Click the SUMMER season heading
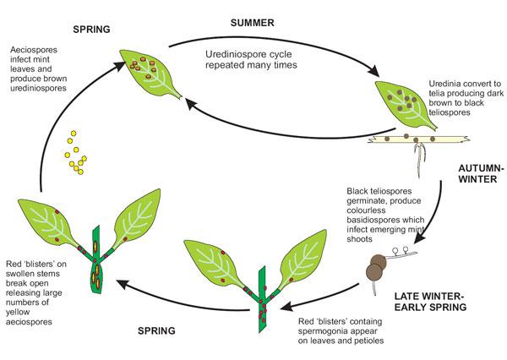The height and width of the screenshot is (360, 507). coord(252,23)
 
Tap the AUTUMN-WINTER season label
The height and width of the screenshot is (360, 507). coord(481,174)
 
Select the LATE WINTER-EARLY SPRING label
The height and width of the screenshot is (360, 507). coord(430,302)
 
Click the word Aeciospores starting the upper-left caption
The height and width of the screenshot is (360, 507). coord(34,50)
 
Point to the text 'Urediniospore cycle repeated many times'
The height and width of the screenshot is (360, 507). coord(251,59)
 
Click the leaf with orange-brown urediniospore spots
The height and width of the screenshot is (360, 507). coord(150,74)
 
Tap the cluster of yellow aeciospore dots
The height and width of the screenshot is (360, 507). coord(76,152)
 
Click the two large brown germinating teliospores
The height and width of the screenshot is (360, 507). coord(375,267)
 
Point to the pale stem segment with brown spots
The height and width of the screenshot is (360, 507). coord(419,139)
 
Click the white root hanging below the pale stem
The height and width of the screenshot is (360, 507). coord(419,161)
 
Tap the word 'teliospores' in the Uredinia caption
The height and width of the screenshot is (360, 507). coord(450,112)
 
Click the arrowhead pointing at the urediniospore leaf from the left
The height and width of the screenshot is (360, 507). coord(119,65)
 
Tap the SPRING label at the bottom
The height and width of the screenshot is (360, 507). coord(156,331)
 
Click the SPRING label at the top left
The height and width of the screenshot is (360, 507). coord(91,30)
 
